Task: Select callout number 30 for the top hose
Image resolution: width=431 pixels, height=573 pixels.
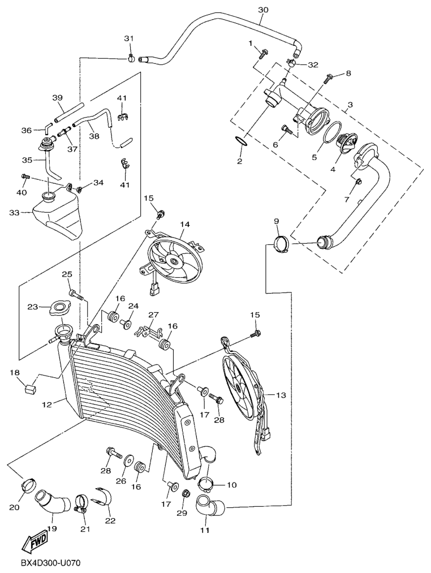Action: click(263, 10)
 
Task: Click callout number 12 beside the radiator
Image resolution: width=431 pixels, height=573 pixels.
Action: click(46, 404)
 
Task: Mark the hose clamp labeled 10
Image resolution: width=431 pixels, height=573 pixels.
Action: click(207, 484)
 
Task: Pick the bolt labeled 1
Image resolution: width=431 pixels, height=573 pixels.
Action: click(263, 54)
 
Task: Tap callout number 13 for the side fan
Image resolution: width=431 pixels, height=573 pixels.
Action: click(279, 395)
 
